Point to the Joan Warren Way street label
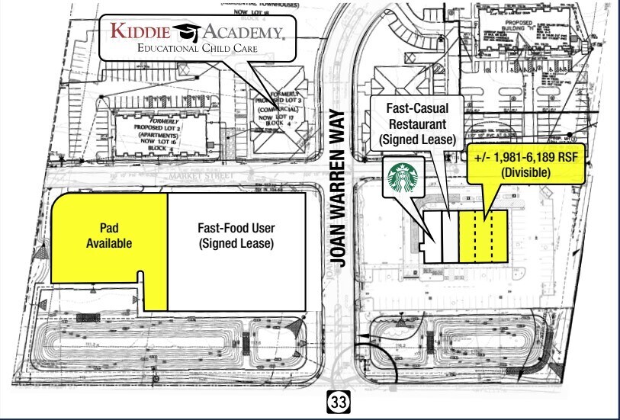coord(339,188)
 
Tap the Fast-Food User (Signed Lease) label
coord(236,236)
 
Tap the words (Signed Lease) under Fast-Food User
coord(236,244)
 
